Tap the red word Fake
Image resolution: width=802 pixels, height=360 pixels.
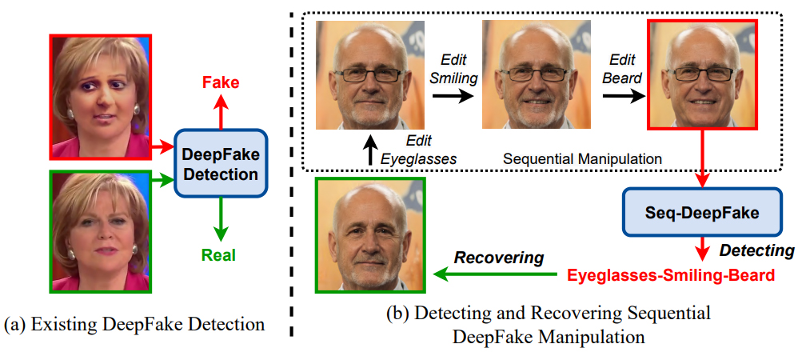click(x=221, y=82)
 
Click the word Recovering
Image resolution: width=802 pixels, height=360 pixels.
click(x=499, y=258)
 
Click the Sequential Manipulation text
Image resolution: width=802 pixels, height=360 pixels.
click(x=582, y=159)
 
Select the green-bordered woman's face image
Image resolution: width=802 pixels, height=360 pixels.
click(x=99, y=231)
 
